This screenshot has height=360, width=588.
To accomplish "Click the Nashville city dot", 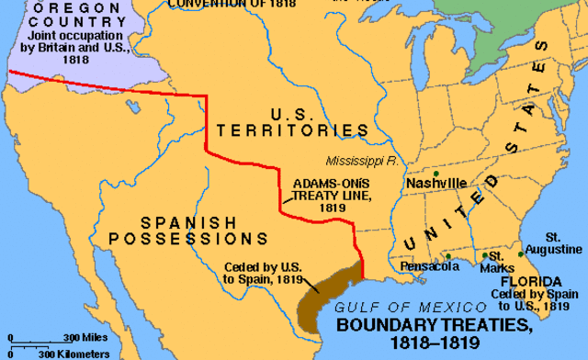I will point(436,173).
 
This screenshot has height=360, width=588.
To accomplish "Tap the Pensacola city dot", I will point(447,256).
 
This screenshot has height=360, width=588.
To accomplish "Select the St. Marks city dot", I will point(484,255).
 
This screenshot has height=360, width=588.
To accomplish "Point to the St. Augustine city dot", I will point(521,254).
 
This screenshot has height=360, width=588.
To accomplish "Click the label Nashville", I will point(435,184).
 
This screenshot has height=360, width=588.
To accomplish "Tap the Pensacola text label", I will point(429,266).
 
